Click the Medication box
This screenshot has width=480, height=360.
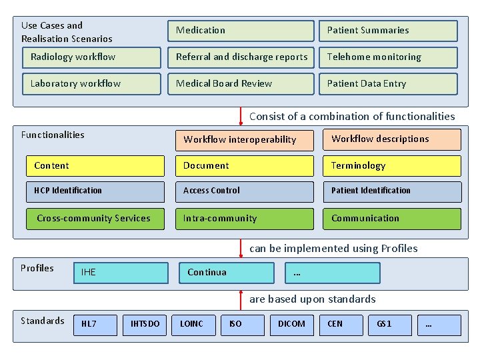(241, 31)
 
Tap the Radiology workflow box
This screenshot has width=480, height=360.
(91, 57)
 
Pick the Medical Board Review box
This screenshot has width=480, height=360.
(241, 84)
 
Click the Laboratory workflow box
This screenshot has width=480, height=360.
(91, 84)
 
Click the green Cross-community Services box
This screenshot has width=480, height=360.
(95, 219)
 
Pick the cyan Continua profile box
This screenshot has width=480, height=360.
(227, 273)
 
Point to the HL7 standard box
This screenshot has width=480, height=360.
(95, 325)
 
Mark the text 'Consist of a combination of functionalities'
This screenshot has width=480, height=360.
(351, 117)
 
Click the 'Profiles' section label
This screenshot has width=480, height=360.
(37, 268)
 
